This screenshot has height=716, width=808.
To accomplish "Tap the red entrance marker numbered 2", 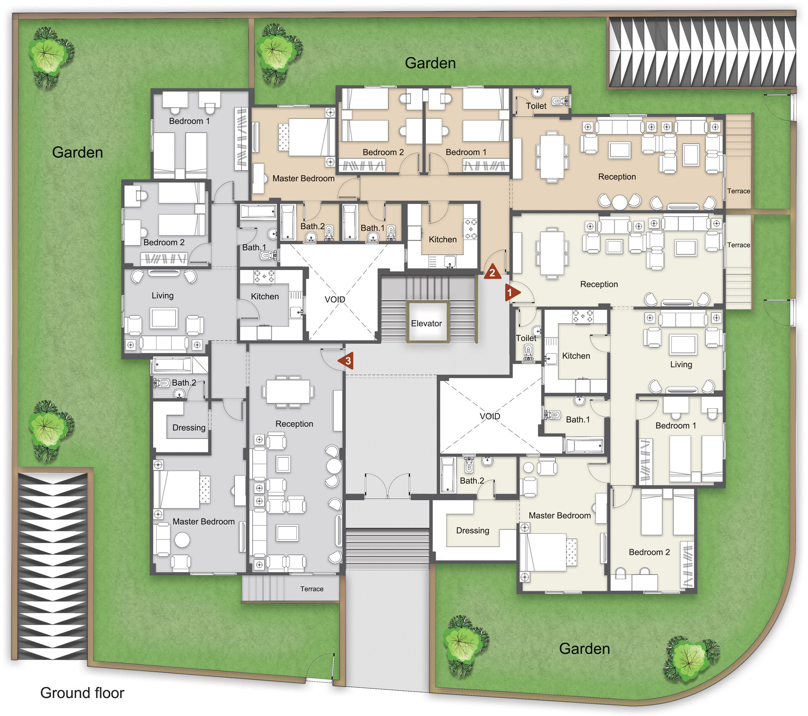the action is click(492, 272).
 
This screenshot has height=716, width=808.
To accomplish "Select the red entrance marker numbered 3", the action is click(346, 361).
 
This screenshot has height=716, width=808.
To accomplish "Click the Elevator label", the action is click(426, 323).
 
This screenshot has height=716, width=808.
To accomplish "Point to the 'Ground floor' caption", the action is click(82, 693).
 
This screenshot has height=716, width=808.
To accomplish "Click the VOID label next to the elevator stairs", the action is click(335, 299).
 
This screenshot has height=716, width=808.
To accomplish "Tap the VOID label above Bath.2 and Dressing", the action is click(490, 416).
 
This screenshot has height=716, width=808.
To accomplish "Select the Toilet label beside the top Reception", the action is click(536, 106).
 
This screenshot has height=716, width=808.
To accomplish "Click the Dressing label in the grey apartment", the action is click(189, 428).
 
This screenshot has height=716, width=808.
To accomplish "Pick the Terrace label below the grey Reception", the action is click(312, 589).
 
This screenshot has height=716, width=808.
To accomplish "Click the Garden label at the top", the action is click(430, 63).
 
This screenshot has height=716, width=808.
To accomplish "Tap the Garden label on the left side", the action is click(77, 152).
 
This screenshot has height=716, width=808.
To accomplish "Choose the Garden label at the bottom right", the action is click(585, 649).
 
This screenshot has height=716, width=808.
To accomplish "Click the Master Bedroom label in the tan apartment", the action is click(303, 178).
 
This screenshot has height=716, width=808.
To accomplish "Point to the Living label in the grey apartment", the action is click(162, 296).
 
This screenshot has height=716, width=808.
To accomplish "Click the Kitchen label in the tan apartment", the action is click(443, 240).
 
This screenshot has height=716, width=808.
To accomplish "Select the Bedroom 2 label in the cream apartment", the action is click(649, 552).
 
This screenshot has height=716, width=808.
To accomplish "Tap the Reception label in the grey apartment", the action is click(294, 424).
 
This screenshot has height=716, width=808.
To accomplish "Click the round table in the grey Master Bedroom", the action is click(182, 540).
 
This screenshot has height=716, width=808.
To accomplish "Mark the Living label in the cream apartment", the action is click(681, 365).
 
